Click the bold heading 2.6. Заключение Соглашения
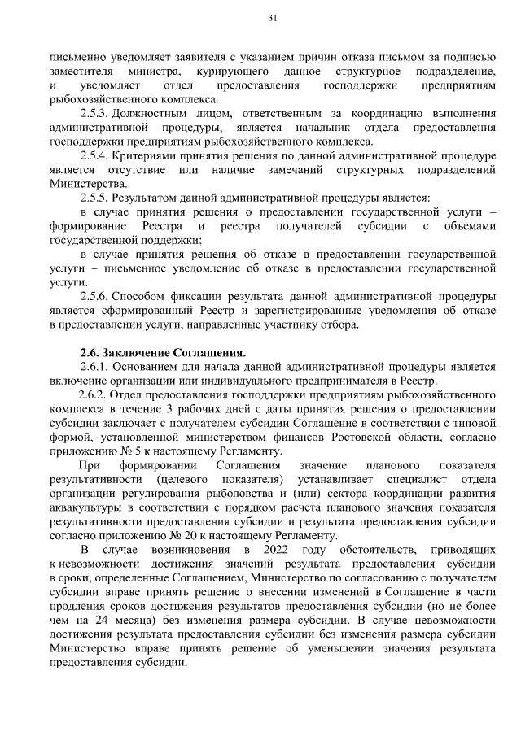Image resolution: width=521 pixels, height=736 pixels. click(162, 352)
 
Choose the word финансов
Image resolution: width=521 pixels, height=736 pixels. click(326, 437)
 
